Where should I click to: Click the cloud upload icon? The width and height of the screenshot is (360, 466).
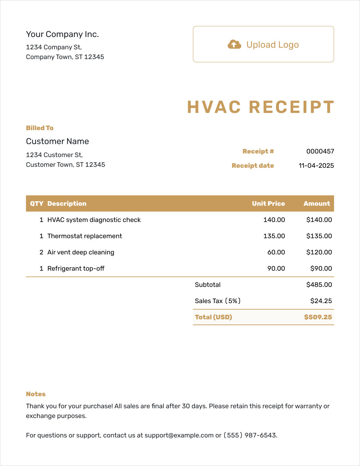click(x=234, y=44)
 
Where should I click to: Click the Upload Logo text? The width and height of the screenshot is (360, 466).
click(x=272, y=45)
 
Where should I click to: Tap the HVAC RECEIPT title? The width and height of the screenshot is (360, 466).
click(x=260, y=107)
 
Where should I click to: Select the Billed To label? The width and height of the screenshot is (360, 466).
click(x=40, y=128)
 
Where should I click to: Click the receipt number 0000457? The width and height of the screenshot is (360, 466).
click(x=320, y=151)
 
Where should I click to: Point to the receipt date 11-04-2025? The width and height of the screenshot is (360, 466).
click(x=316, y=166)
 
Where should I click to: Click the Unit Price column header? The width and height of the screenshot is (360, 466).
click(x=268, y=203)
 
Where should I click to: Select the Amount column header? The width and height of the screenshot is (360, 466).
click(x=317, y=203)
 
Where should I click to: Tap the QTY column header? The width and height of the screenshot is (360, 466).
click(x=37, y=203)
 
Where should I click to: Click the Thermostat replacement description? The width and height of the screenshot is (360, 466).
click(x=85, y=236)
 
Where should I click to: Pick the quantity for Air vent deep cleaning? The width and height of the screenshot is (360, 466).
click(x=41, y=252)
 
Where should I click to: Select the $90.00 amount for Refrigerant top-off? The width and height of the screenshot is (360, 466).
click(x=321, y=268)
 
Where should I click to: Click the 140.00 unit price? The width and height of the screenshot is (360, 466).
click(x=274, y=220)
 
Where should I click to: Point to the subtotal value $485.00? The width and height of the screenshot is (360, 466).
click(x=319, y=285)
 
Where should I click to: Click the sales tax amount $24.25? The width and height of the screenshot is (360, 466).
click(x=321, y=301)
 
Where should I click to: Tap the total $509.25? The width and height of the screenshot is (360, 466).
click(x=318, y=317)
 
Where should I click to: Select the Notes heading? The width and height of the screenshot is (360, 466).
click(x=36, y=394)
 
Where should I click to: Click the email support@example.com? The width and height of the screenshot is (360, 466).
click(x=179, y=435)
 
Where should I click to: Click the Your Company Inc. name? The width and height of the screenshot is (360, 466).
click(x=62, y=34)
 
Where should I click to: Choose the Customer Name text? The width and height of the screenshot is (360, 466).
click(x=57, y=141)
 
